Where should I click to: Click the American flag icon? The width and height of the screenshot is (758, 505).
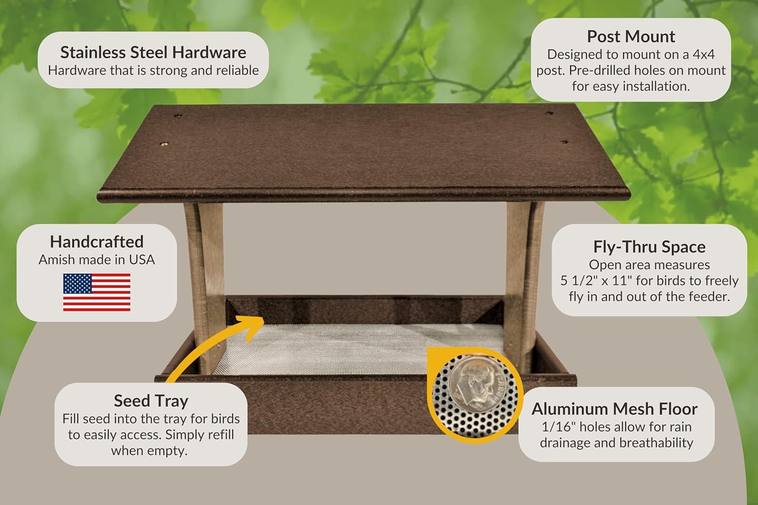(x=97, y=292)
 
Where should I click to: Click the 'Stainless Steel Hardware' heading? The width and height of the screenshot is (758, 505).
(x=153, y=52)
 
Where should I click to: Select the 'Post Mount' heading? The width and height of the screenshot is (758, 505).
(x=631, y=36)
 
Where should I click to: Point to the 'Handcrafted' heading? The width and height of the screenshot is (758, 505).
(x=97, y=241)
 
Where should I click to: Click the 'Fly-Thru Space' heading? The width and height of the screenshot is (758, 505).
(x=649, y=246)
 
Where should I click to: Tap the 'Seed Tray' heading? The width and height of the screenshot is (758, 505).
(x=151, y=400)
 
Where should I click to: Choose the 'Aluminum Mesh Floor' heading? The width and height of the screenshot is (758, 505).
(x=614, y=409)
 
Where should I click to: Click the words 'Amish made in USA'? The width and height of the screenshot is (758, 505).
(x=97, y=260)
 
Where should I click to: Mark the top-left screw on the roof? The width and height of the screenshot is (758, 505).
(x=177, y=116)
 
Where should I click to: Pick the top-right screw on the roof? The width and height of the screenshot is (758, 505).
(x=550, y=113)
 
